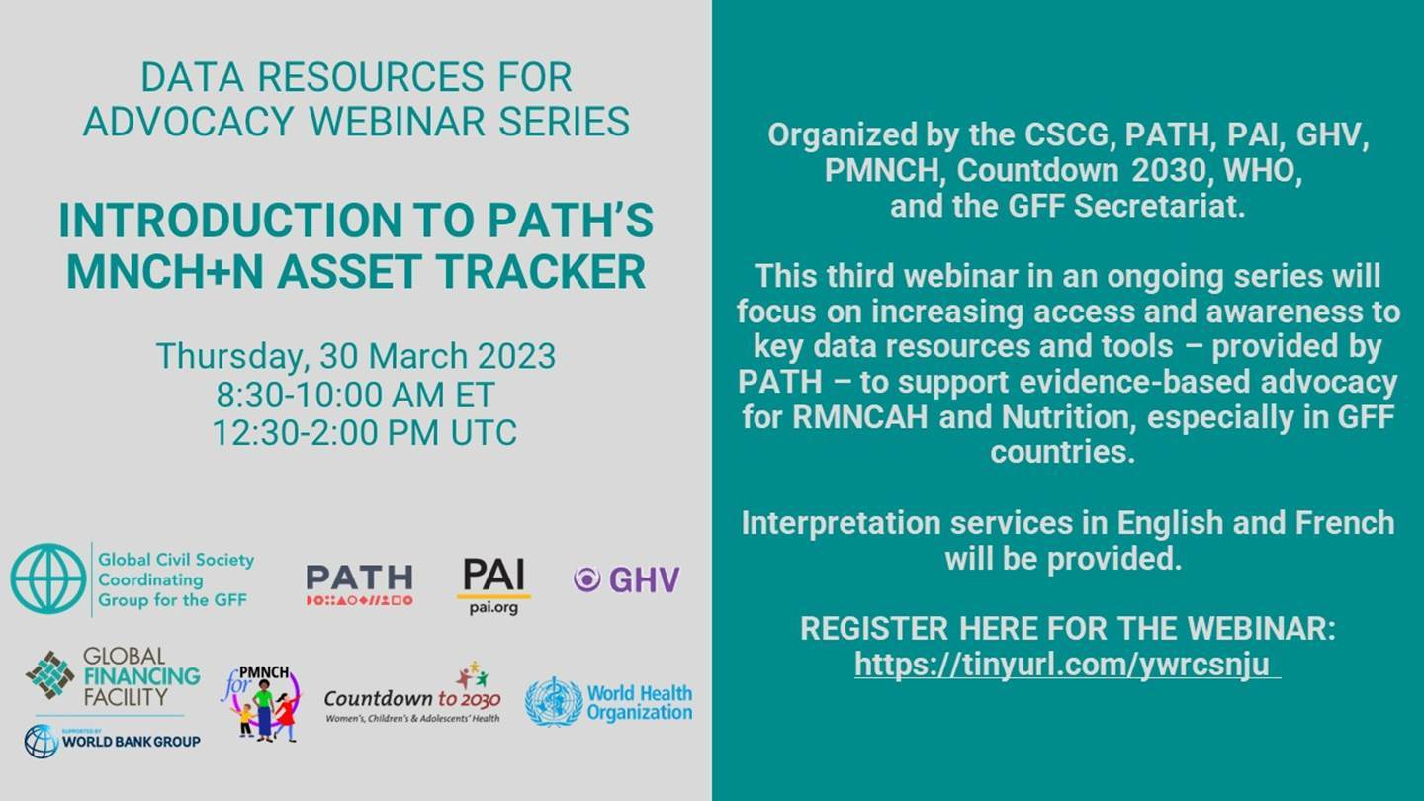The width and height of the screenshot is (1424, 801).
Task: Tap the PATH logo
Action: [360, 584]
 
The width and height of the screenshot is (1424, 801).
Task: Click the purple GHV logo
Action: [626, 579]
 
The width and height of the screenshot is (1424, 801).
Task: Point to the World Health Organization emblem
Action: [554, 702]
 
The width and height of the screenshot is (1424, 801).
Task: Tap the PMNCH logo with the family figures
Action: [261, 703]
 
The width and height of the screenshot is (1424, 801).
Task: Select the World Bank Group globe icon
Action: [42, 742]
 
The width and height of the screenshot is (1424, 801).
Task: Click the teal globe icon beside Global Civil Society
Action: [48, 579]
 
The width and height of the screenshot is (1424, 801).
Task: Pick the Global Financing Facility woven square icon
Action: [50, 675]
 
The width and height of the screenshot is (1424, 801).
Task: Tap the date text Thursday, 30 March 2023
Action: [356, 356]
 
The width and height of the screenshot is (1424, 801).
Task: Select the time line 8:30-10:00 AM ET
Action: [355, 395]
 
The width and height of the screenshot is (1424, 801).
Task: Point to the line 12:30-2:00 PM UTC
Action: [364, 433]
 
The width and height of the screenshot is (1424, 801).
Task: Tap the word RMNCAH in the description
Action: [860, 417]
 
